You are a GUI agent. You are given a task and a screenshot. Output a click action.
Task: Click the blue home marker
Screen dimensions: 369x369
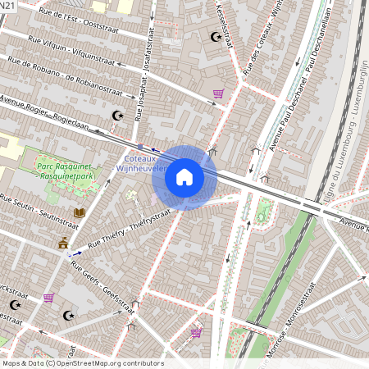184,176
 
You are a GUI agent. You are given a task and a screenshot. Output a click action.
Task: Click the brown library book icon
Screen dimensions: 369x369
80,213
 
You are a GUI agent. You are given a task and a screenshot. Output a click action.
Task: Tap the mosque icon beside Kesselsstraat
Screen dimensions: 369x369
216,36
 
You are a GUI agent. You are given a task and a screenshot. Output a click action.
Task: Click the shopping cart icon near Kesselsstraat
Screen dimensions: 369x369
218,93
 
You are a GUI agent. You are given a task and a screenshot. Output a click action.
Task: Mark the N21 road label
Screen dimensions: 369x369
8,6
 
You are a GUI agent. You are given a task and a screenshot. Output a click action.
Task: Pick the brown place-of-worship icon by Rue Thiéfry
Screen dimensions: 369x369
63,244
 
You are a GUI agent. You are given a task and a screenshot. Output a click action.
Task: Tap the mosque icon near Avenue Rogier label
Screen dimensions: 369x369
117,116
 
